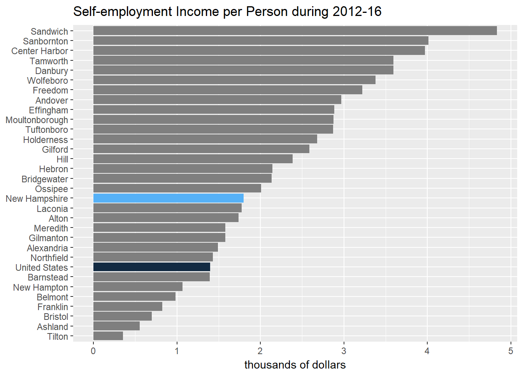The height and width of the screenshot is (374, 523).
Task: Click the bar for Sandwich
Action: point(295,31)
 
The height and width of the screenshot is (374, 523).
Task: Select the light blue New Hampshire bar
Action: point(168,198)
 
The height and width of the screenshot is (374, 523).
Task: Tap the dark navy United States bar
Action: point(152,267)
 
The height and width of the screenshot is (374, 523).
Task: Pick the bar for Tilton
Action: point(108,336)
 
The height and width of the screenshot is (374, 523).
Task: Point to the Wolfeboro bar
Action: point(234,80)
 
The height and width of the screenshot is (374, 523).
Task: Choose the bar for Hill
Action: point(193,159)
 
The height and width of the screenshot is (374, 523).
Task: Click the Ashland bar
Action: point(116,326)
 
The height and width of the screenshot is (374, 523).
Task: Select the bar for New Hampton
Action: point(138,287)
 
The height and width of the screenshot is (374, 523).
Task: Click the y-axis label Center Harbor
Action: point(40,51)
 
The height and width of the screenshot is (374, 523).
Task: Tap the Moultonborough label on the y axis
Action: point(37,120)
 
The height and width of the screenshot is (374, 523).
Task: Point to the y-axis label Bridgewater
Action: point(45,179)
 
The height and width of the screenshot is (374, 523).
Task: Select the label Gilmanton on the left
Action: point(48,238)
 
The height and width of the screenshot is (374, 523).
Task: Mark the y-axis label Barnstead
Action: point(48,277)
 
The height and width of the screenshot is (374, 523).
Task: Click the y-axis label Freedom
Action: point(50,90)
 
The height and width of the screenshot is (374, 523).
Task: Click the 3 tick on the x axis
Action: point(344,351)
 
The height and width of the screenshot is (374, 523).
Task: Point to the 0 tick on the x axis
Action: point(93,351)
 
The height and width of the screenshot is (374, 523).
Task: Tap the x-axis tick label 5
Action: point(511,351)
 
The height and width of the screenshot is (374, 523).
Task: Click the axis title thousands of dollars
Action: point(295,365)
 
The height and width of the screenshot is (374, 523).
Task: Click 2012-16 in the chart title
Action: point(357,12)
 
